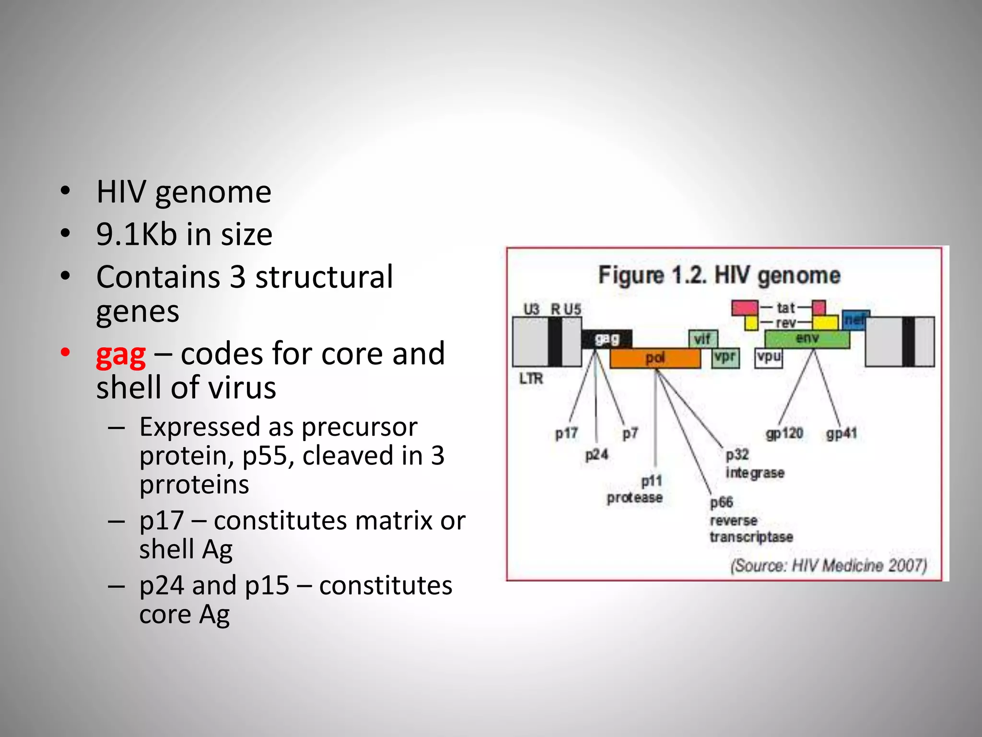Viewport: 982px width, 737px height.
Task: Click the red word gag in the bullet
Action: click(121, 356)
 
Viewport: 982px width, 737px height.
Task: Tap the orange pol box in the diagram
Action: click(655, 358)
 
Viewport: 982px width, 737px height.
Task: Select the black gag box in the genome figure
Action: click(607, 339)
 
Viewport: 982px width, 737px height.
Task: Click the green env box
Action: click(807, 339)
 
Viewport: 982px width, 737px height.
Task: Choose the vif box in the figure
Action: click(702, 339)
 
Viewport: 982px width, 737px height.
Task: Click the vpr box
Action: click(725, 357)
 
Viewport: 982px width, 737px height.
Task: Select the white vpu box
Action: click(769, 357)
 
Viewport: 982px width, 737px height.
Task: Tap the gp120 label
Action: click(784, 433)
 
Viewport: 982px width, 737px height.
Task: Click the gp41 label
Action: click(842, 434)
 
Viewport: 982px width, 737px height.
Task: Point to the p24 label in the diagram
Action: click(596, 454)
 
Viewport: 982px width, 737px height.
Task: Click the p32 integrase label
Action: click(754, 464)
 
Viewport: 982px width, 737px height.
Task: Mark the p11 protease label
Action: click(635, 489)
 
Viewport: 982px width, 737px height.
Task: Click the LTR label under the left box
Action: click(531, 379)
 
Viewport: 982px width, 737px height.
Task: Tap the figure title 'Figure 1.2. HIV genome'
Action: click(719, 275)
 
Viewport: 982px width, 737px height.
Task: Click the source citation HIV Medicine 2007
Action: click(828, 566)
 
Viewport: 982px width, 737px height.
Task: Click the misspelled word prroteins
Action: click(194, 485)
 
